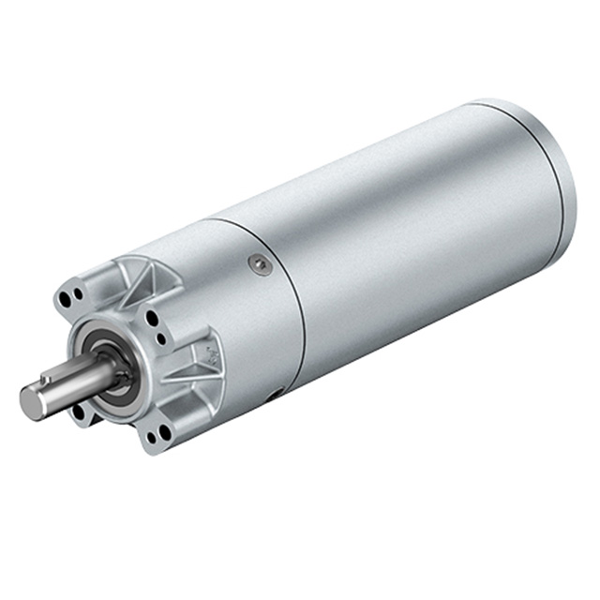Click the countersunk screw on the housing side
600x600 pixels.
pyautogui.click(x=262, y=265)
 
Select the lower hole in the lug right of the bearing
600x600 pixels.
pyautogui.click(x=161, y=338)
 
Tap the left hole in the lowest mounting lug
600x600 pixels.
pyautogui.click(x=150, y=434)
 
